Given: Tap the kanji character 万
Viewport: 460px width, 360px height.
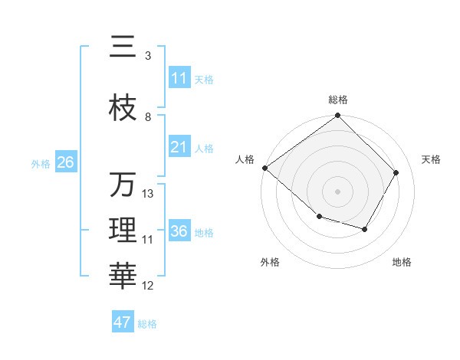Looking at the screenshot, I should (123, 185).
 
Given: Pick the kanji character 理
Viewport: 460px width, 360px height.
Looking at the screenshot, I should (123, 230).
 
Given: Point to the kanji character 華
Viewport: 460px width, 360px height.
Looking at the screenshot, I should (123, 274).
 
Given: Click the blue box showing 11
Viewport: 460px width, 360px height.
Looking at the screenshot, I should (179, 78).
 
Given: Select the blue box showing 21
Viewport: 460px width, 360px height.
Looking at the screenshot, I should (179, 147).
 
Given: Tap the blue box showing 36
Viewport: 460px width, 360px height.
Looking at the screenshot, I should (179, 231).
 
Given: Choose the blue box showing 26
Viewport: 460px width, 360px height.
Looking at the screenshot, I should (65, 162).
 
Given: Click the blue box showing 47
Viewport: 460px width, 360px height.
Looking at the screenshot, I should (123, 322).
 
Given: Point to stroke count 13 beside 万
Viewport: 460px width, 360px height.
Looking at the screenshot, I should (148, 194).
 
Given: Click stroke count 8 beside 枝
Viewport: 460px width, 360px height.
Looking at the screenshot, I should (148, 117).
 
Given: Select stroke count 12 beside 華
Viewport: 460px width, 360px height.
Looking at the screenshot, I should (148, 286).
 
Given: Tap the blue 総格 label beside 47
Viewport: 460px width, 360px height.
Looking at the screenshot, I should (147, 324).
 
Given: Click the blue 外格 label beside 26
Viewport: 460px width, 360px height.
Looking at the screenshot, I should (41, 163).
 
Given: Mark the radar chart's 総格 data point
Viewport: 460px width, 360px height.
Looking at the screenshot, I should (337, 116).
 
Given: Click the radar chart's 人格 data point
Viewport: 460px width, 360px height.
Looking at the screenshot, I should (264, 168).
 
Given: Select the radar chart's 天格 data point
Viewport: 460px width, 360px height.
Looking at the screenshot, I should (396, 172).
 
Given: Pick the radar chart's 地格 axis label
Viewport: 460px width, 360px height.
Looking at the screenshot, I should (402, 263).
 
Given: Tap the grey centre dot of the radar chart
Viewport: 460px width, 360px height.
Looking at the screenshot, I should (337, 191).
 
